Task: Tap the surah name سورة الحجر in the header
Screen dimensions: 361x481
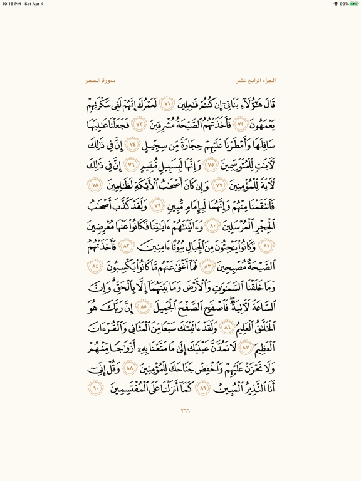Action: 101,81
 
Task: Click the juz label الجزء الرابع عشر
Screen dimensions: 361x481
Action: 256,81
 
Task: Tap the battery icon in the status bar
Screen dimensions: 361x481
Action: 353,4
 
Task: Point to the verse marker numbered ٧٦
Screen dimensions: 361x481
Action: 131,166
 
